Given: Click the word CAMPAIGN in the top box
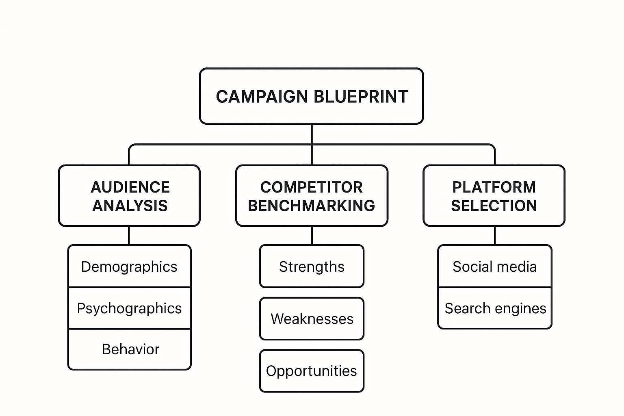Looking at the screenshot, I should click(262, 97).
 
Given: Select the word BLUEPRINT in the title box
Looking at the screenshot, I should click(361, 97).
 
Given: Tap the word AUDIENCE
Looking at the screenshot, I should click(130, 187).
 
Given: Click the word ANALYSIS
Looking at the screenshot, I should click(130, 206).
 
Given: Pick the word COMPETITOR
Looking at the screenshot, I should click(312, 187).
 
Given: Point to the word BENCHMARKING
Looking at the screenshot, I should click(312, 206).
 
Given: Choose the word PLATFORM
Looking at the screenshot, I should click(494, 187).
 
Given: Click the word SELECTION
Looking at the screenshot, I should click(494, 206).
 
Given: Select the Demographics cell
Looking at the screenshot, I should click(129, 267).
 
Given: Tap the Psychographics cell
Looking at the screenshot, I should click(129, 308).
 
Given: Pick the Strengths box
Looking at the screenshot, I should click(312, 267).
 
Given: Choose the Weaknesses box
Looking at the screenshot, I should click(312, 319).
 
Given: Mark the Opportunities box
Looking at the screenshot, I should click(312, 371).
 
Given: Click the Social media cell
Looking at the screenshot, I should click(494, 267).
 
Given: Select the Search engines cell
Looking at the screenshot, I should click(495, 308).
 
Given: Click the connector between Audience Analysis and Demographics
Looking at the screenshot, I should click(129, 236).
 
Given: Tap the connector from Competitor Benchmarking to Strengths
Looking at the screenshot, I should click(312, 236).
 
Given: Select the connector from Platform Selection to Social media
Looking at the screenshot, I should click(495, 236).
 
